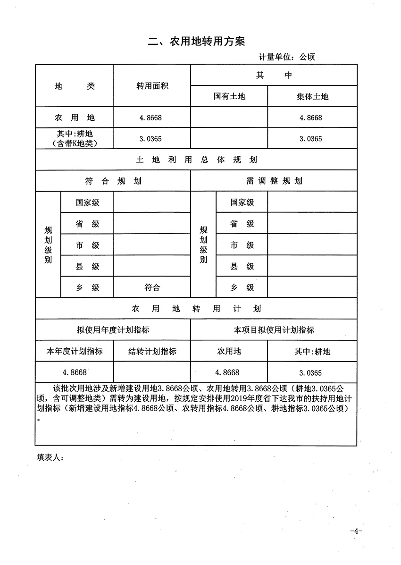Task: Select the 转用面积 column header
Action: click(152, 86)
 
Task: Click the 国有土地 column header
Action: click(229, 96)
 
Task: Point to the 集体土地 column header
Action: click(312, 96)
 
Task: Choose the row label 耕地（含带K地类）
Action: click(75, 139)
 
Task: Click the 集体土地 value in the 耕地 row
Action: click(311, 139)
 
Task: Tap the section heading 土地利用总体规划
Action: click(196, 160)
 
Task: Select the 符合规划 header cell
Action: click(113, 181)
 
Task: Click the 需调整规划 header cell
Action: click(274, 181)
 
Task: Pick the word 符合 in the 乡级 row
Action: click(152, 287)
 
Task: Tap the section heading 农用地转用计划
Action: click(196, 309)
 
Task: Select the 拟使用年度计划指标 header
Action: click(113, 330)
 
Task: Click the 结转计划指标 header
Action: click(152, 351)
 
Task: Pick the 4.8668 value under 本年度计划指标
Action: click(75, 372)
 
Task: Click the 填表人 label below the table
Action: click(49, 457)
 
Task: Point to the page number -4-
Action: click(356, 531)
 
